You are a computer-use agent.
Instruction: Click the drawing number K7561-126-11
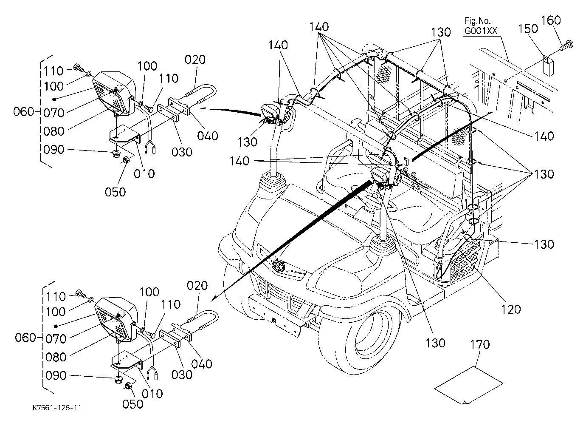pyautogui.click(x=57, y=408)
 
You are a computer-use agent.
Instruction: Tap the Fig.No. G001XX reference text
pyautogui.click(x=481, y=26)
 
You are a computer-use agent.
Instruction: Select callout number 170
pyautogui.click(x=480, y=344)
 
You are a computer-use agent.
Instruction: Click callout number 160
pyautogui.click(x=551, y=20)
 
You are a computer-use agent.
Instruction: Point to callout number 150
pyautogui.click(x=528, y=28)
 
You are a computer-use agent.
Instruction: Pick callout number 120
pyautogui.click(x=511, y=310)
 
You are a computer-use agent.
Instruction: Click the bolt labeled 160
pyautogui.click(x=567, y=45)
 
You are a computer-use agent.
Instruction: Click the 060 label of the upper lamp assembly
pyautogui.click(x=24, y=112)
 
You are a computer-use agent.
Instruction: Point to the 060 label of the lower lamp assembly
pyautogui.click(x=25, y=338)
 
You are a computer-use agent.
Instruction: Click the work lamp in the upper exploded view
pyautogui.click(x=114, y=93)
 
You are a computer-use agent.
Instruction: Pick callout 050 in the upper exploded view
pyautogui.click(x=116, y=192)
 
